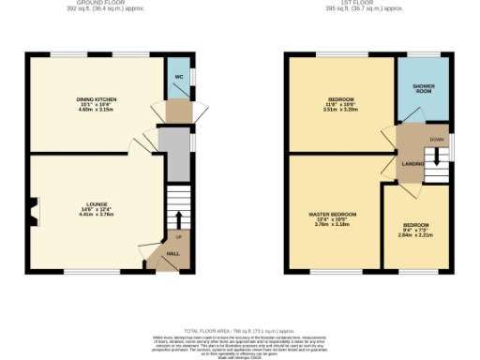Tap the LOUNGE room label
click(x=96, y=204)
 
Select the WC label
click(x=178, y=76)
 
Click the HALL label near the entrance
click(x=173, y=253)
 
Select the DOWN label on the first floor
click(x=436, y=140)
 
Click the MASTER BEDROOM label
click(x=333, y=215)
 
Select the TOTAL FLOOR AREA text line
click(x=239, y=332)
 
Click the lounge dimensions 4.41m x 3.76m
click(x=96, y=214)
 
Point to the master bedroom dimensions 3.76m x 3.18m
click(x=333, y=225)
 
